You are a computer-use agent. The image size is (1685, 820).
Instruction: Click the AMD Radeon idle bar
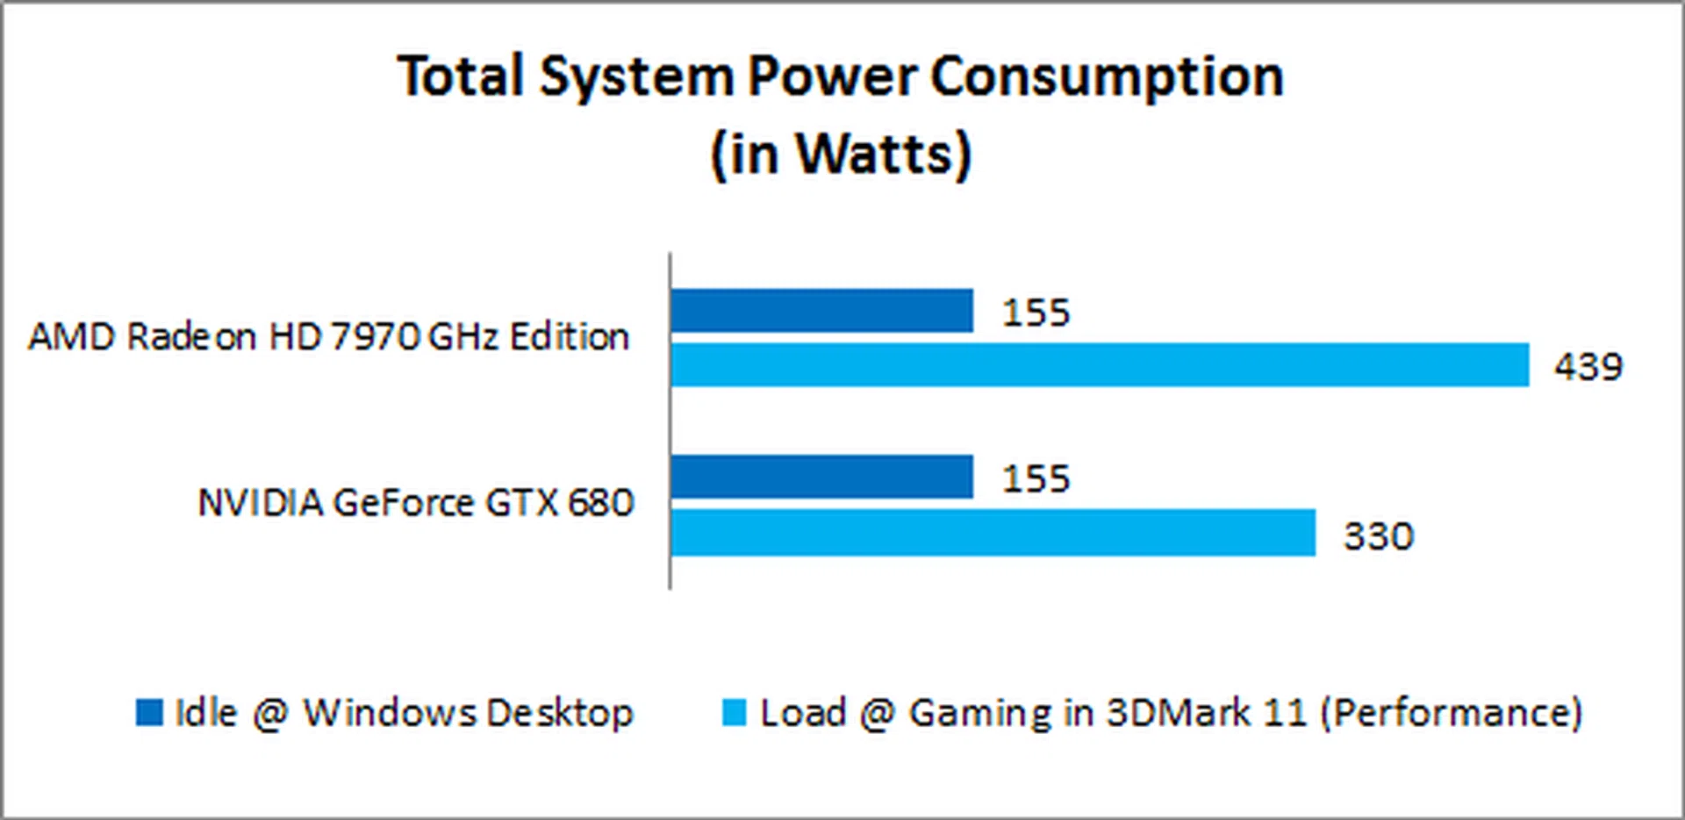821,311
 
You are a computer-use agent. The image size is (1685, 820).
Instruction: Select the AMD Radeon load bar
1099,364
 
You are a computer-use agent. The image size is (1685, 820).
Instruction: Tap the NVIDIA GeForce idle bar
821,477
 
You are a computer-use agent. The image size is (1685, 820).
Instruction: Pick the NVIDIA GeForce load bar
993,532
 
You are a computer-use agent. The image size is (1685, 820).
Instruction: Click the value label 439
1588,367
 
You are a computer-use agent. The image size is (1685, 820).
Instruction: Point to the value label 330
1379,536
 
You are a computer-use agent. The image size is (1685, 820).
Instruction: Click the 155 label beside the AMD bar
1036,313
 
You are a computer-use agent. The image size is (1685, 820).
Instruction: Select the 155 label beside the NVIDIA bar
1036,478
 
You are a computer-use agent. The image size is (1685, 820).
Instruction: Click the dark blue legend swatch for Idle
149,712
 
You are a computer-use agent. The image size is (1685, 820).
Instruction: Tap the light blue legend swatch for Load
734,712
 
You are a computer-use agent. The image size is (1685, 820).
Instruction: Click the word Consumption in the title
1107,77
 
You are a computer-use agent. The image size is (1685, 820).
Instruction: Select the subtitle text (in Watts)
841,155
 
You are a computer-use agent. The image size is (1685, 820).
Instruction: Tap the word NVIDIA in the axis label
261,503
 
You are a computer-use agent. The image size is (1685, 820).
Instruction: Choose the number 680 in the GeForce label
600,503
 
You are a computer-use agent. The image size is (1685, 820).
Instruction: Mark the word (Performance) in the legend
1452,713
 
